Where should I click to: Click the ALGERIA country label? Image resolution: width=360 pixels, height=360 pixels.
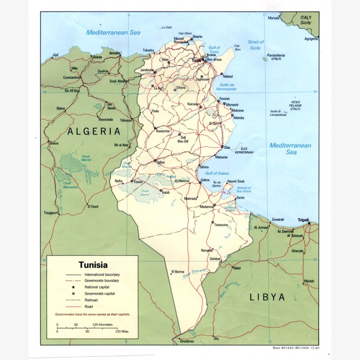(94, 131)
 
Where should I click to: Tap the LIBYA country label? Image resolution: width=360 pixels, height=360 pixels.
(268, 297)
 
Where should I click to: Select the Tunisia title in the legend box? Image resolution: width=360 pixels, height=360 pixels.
(93, 265)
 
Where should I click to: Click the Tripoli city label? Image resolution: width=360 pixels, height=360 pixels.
(304, 220)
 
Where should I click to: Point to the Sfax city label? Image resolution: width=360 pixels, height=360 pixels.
(227, 147)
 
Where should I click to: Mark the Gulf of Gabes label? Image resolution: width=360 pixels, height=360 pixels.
(218, 173)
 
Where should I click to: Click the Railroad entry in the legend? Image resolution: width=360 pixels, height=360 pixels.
(91, 299)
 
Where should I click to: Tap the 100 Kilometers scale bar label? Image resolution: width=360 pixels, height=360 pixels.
(103, 324)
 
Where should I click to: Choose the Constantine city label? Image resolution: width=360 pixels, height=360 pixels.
(72, 77)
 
